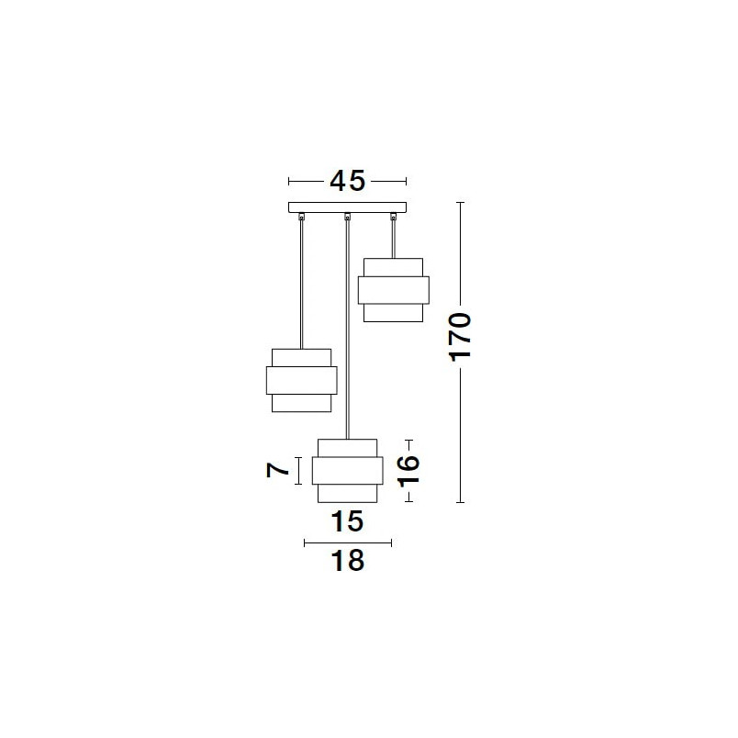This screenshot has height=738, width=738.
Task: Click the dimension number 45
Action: coord(347,181)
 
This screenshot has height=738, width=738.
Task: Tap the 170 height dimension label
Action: coord(460,337)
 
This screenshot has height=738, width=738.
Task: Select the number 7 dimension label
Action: coord(278,470)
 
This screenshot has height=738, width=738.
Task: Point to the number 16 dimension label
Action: coord(408,471)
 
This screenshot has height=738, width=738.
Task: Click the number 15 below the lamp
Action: coord(347,521)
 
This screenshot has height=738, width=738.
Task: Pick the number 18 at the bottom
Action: coord(347,561)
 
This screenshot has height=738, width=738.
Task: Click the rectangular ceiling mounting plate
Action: coord(347,207)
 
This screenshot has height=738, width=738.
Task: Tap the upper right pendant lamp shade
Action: coord(394,290)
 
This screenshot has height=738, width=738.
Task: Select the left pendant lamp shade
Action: coord(302,380)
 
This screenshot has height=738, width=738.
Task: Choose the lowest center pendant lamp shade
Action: coord(347,471)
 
